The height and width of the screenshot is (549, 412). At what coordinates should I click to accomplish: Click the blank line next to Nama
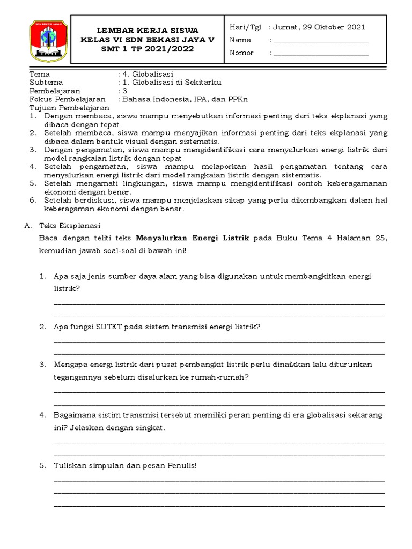(x=321, y=41)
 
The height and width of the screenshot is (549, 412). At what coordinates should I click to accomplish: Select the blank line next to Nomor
(x=321, y=54)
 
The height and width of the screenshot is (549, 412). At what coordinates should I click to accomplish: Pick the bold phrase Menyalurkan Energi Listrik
(x=193, y=239)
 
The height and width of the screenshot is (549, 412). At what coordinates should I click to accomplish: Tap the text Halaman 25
(x=362, y=239)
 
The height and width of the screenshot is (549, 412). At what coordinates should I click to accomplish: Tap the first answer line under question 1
(x=219, y=303)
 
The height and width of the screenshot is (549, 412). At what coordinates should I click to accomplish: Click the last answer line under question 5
(x=219, y=506)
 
